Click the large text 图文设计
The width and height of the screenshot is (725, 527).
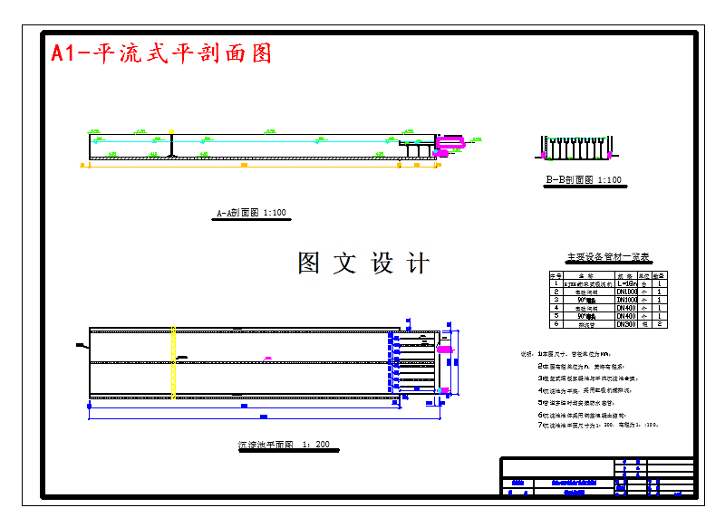tap(363, 263)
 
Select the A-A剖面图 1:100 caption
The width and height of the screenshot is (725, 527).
tap(251, 214)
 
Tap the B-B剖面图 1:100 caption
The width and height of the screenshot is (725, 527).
tap(583, 180)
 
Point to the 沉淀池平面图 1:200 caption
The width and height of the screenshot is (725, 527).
tap(284, 446)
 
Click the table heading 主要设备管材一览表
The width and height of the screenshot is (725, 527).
tap(608, 257)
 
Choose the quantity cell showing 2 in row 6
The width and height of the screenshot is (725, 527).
tap(661, 323)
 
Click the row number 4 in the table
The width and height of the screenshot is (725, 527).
tap(556, 308)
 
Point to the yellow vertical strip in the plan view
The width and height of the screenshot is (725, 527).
tap(173, 361)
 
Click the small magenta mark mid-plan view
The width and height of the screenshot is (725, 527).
tap(267, 359)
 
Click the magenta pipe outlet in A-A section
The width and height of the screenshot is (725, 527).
tap(450, 142)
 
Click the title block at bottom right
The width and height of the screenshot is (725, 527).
tap(598, 476)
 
